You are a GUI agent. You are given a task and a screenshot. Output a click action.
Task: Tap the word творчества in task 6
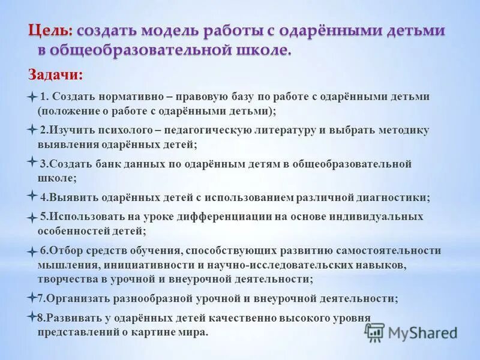67,279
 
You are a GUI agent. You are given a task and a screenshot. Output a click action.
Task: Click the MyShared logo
411,332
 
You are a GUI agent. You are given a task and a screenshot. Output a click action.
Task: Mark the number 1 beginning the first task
43,97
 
